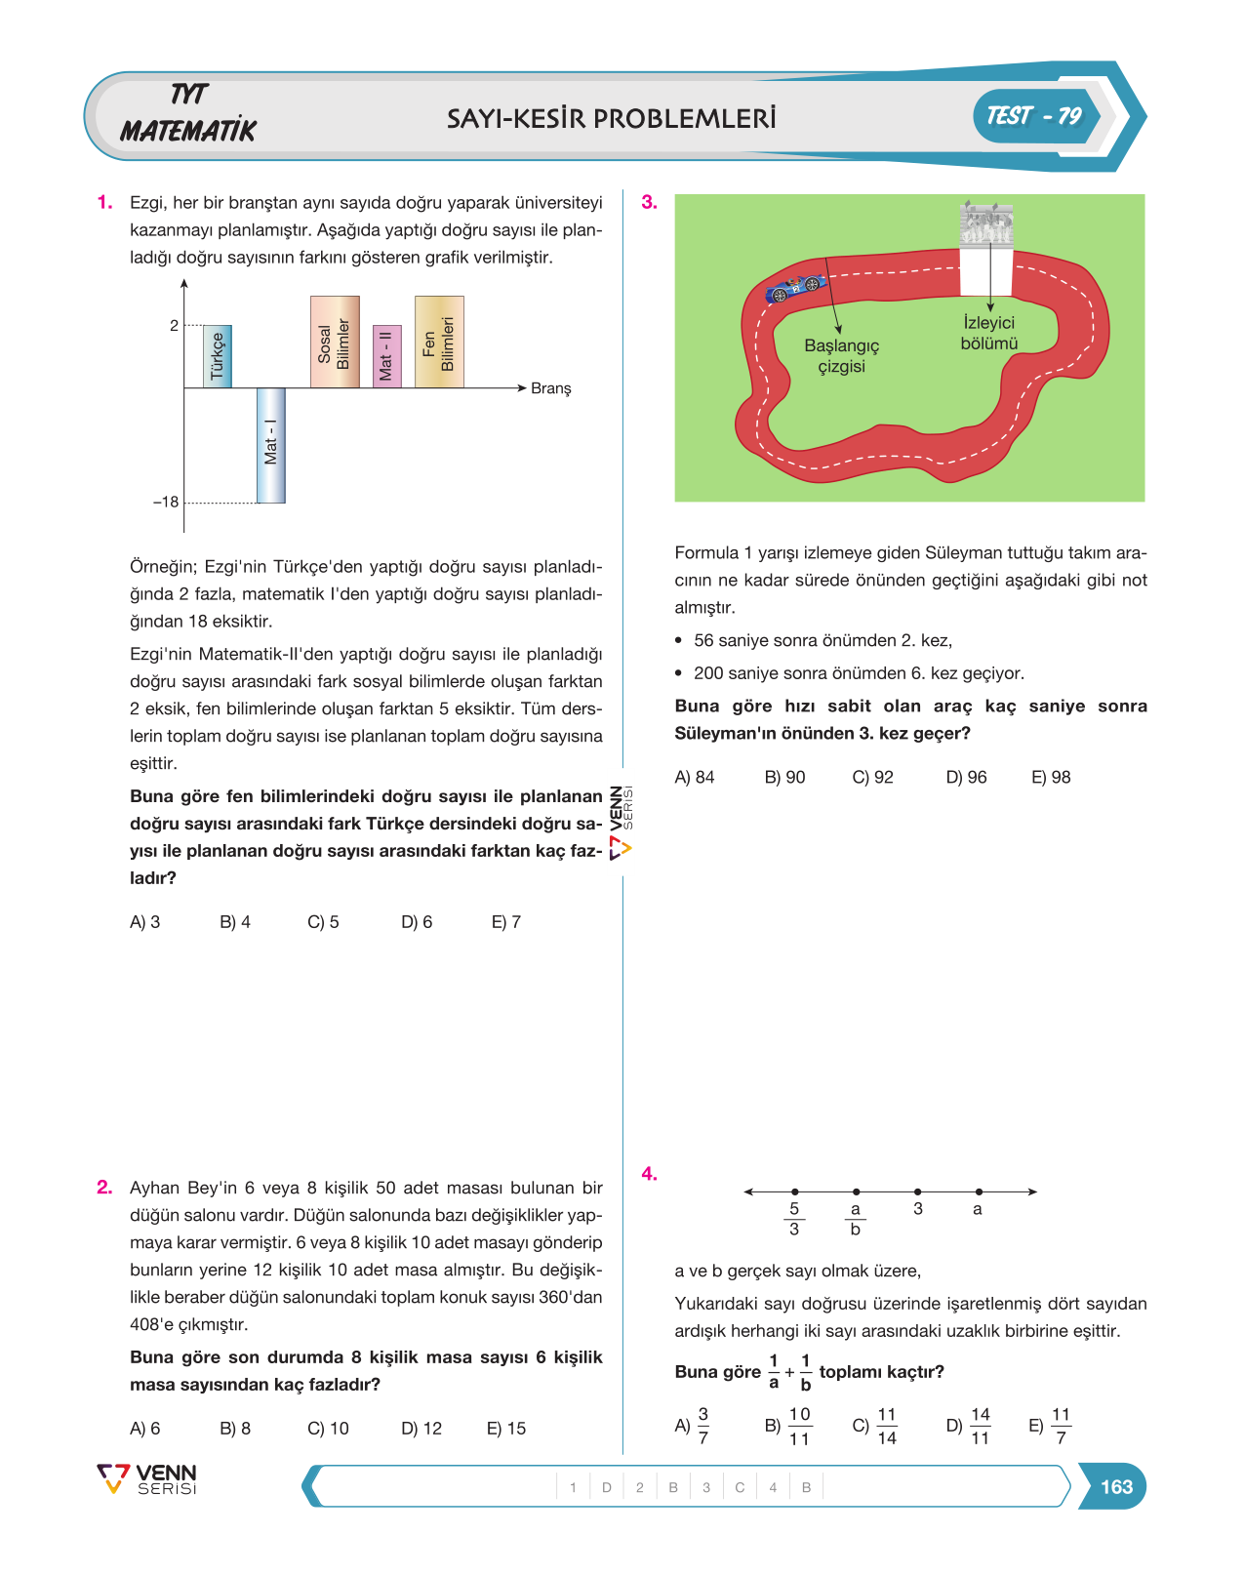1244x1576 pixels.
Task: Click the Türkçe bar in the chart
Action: pos(218,356)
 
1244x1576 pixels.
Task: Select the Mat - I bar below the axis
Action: pos(271,445)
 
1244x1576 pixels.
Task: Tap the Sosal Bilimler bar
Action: pos(335,342)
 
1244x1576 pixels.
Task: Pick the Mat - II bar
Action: pos(386,356)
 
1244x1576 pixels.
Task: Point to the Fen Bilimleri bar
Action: pos(439,342)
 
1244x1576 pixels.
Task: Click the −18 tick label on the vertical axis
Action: pos(166,502)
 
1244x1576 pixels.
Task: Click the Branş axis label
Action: pos(550,388)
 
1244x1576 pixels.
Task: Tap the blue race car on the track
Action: pos(796,288)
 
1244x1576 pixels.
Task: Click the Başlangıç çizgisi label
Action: pos(841,356)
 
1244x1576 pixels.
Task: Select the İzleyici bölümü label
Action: pos(989,333)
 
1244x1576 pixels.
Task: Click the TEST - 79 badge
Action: pos(1035,116)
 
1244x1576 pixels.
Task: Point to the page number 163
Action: pos(1116,1486)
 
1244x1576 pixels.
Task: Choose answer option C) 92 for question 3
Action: pos(873,777)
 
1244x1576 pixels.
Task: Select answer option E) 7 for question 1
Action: pos(506,922)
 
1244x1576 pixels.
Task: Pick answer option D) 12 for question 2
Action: pos(421,1428)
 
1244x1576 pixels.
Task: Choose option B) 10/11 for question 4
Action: pos(787,1426)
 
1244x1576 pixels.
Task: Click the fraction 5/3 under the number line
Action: pos(794,1219)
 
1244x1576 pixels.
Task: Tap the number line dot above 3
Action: pos(918,1192)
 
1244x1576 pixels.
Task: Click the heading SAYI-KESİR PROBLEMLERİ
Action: pos(612,118)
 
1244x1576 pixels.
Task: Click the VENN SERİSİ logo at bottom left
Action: pos(147,1478)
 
